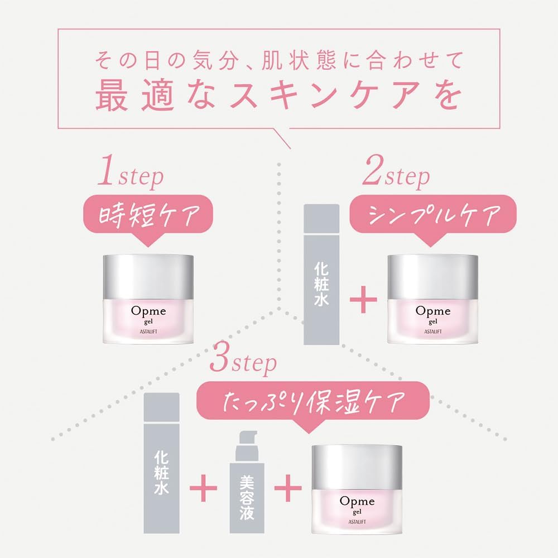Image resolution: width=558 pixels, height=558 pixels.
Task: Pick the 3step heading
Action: click(243, 363)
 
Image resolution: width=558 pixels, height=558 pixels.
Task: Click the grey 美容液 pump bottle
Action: click(246, 490)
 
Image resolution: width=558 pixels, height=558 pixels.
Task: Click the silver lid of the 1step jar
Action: click(149, 276)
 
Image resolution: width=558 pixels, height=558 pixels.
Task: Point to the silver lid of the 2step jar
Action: click(432, 276)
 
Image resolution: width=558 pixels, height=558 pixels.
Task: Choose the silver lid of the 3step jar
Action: click(357, 466)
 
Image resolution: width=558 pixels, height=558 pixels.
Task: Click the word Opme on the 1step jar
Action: click(148, 310)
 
